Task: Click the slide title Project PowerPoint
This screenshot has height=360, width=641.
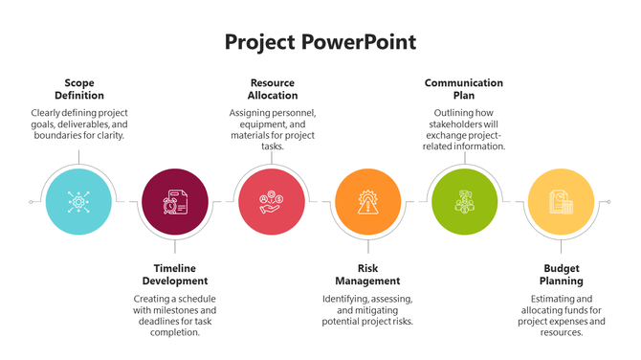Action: [320, 43]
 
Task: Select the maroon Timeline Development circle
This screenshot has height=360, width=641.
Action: [174, 202]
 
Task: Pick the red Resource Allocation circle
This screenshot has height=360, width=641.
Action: [271, 202]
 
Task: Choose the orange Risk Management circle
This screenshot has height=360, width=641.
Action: [367, 202]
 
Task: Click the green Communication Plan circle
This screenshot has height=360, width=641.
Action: [464, 202]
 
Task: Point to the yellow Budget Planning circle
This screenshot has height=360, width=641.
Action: [562, 202]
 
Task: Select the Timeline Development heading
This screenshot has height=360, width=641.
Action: [174, 275]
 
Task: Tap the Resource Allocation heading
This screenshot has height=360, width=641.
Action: [273, 89]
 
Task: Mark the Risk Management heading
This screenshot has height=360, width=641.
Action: [367, 275]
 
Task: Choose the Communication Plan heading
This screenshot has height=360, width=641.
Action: [464, 89]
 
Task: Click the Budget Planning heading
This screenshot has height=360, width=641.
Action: [563, 275]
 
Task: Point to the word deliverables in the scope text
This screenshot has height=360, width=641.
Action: [99, 124]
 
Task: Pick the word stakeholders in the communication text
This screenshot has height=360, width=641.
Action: [455, 124]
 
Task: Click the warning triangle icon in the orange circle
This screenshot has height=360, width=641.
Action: [367, 203]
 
